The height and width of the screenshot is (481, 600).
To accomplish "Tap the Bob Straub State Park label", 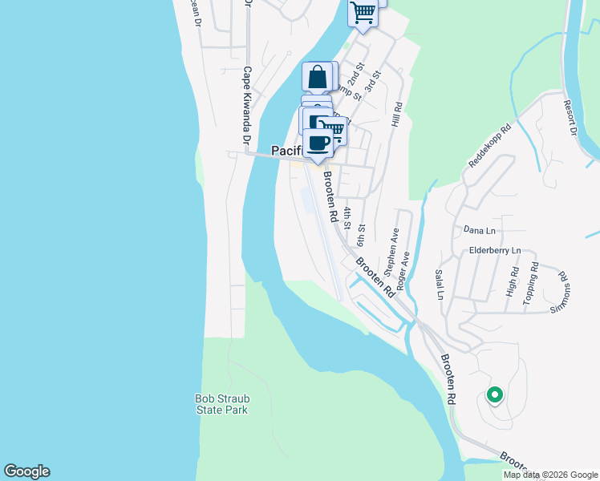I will tap(221, 404).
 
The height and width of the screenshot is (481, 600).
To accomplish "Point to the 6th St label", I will tap(362, 235).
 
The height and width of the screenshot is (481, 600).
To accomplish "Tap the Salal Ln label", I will tap(440, 285).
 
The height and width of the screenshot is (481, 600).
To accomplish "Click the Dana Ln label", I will tap(480, 230).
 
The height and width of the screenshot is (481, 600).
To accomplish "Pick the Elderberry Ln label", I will tap(495, 251).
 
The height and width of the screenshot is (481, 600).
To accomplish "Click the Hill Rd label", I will tap(396, 113).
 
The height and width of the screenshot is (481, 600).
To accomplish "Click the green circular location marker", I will tap(495, 394).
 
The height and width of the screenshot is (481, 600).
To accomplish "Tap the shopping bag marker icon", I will tap(318, 78).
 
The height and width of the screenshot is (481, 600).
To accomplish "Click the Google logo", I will tap(26, 471).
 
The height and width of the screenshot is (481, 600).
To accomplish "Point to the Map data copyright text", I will tap(549, 475).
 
